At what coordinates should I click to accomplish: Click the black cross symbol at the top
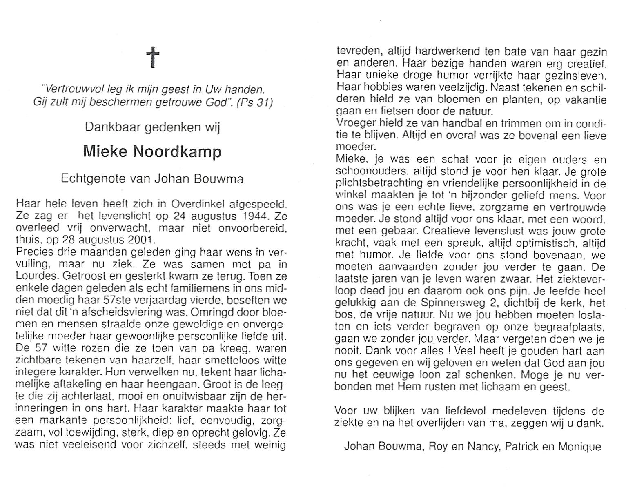(x=153, y=58)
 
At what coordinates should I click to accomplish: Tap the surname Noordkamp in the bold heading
(x=177, y=152)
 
